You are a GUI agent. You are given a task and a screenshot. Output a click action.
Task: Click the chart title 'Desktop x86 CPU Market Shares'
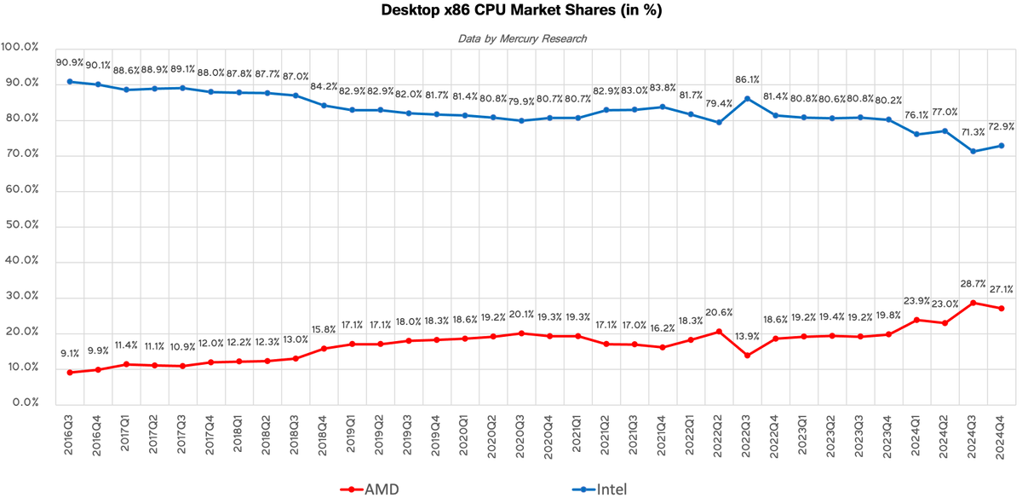[511, 11]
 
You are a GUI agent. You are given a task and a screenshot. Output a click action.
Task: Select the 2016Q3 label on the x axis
[70, 434]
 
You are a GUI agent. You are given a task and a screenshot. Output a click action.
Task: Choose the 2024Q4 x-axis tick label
[1002, 434]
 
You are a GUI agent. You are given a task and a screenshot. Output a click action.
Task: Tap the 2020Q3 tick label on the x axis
[521, 434]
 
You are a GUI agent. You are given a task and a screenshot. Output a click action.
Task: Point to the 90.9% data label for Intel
[70, 62]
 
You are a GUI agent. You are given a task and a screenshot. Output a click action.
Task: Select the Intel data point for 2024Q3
[973, 151]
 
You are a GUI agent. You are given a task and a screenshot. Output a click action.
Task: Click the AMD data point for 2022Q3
[747, 355]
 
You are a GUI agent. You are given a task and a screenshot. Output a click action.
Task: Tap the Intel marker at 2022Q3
[747, 99]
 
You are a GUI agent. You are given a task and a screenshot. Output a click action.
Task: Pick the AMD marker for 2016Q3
[70, 372]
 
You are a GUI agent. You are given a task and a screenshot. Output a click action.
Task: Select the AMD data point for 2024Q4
[1002, 308]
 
